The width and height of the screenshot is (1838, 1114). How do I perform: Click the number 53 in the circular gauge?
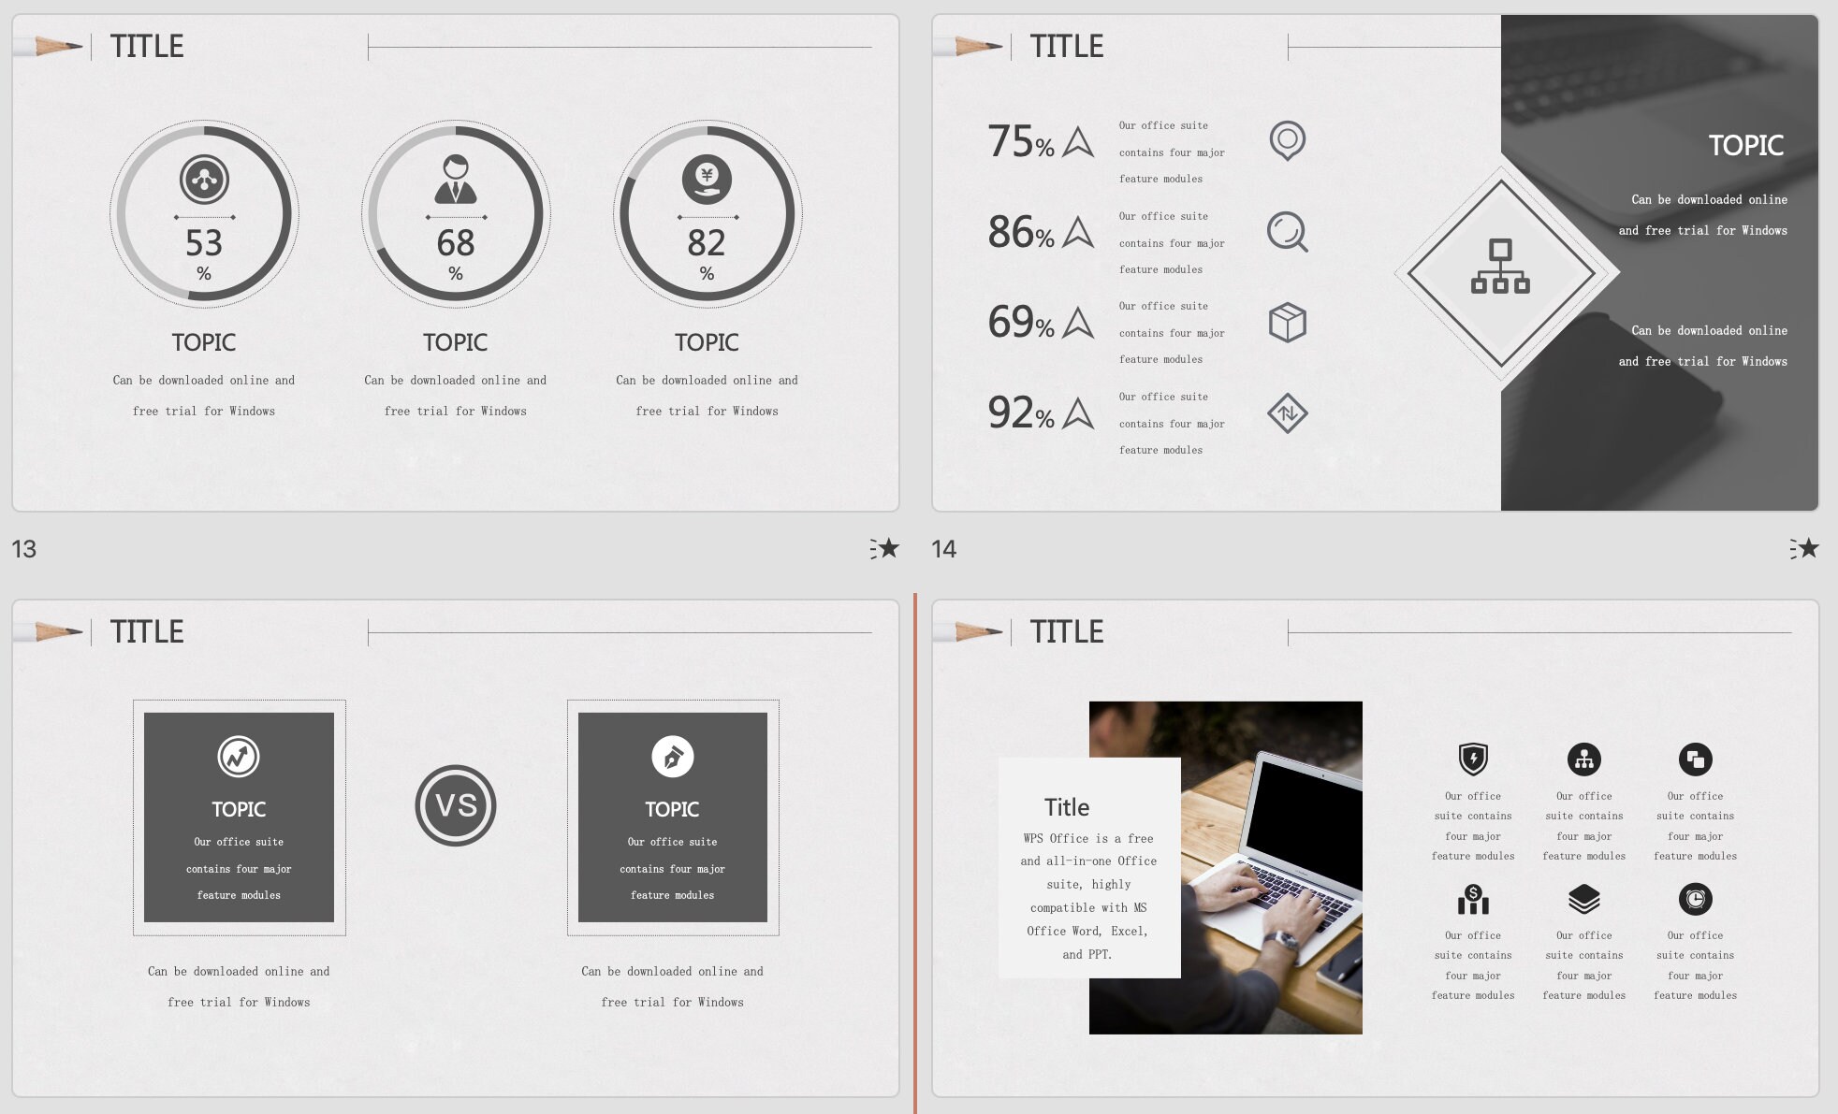204,243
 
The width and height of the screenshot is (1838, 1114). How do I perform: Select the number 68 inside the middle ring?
456,243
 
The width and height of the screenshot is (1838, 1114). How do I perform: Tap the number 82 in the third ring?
707,243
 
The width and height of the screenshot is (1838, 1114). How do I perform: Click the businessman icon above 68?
456,180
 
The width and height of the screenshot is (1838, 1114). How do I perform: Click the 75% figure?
1020,142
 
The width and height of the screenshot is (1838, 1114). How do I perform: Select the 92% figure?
1020,413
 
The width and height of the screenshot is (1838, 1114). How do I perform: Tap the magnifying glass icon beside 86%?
1288,232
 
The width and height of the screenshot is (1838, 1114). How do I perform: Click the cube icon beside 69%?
1288,323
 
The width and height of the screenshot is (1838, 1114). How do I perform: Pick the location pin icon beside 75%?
1288,140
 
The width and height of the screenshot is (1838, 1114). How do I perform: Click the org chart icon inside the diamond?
1500,267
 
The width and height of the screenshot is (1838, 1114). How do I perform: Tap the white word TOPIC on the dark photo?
1745,146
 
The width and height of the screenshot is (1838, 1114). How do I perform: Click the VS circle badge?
456,805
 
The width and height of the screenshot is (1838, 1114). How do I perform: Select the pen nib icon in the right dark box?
672,757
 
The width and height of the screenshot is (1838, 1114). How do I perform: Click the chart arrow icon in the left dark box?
239,757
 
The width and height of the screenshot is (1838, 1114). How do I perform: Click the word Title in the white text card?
1067,807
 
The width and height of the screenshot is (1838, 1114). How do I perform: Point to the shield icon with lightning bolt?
1473,759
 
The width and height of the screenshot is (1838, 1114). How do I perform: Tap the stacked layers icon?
1583,899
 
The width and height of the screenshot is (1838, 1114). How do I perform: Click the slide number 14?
943,549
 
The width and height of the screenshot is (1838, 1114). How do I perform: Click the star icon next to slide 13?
884,548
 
